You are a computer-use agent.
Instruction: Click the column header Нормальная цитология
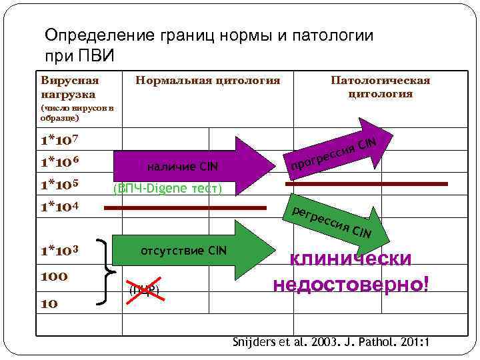(207, 81)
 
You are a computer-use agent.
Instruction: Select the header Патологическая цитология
(381, 87)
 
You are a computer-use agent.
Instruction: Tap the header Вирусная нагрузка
(69, 87)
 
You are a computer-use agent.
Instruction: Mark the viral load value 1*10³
(60, 252)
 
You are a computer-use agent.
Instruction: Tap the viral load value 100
(54, 275)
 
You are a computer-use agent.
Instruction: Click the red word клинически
(350, 259)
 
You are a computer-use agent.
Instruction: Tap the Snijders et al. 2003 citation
(331, 342)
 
